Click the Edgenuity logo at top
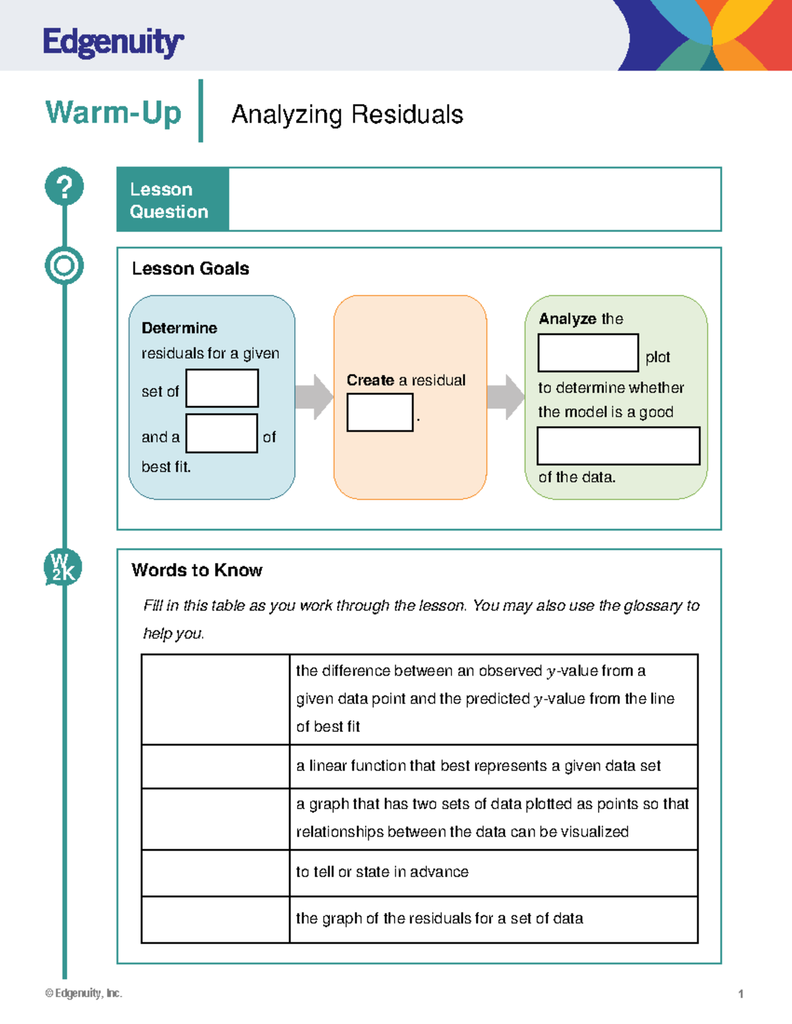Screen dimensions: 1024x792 (112, 43)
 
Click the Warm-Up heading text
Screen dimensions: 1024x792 (113, 113)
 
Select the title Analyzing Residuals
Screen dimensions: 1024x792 (347, 115)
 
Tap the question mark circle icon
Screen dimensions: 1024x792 (64, 187)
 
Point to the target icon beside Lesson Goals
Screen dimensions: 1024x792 (64, 266)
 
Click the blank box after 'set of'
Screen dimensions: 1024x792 (222, 388)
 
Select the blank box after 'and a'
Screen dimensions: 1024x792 (221, 433)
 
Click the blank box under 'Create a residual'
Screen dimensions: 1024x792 (379, 412)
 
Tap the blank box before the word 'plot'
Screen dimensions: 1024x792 (588, 353)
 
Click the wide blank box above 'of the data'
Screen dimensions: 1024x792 (618, 446)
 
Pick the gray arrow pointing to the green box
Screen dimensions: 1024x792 (506, 397)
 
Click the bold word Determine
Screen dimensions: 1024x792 (179, 328)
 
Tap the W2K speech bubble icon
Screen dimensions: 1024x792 (63, 567)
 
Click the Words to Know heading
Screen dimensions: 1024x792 (197, 570)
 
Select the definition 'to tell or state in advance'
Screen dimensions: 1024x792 (382, 872)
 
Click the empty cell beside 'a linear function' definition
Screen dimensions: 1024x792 (215, 766)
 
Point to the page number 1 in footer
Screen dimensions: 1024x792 (741, 994)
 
